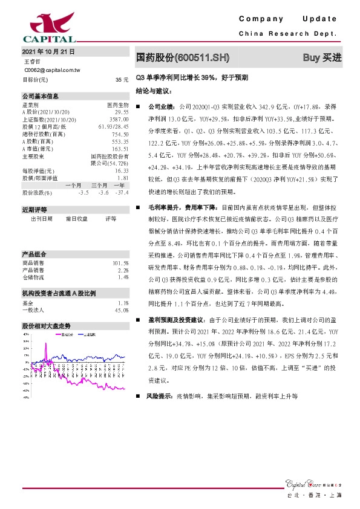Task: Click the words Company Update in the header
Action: point(287,19)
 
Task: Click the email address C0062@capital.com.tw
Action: point(56,70)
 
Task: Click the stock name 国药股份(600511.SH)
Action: point(183,57)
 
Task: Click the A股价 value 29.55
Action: point(121,112)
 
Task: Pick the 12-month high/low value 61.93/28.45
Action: point(113,127)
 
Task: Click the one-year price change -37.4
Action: point(122,192)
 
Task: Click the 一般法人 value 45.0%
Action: point(120,310)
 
